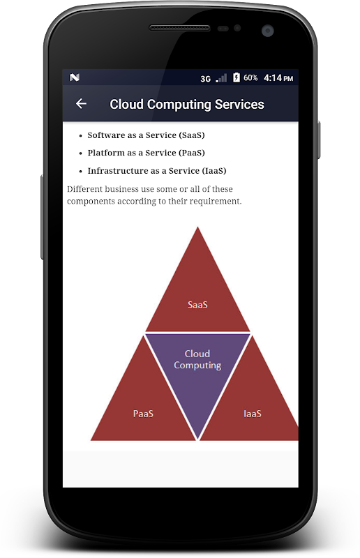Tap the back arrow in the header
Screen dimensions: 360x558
click(81, 103)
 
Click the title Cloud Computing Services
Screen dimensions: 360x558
click(187, 104)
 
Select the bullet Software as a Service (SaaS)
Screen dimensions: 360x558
click(146, 135)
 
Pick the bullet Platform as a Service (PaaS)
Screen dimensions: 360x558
click(146, 153)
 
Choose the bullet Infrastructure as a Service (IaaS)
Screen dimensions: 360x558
click(157, 171)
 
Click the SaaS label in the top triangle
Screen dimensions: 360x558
click(197, 305)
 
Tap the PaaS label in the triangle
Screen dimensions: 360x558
click(143, 414)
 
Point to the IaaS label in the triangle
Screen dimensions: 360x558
click(253, 414)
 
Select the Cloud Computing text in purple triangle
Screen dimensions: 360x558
click(197, 359)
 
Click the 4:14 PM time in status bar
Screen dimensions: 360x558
click(278, 78)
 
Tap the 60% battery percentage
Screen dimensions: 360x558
click(250, 77)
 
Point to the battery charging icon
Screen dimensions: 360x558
click(237, 77)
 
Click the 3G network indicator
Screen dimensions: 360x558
click(205, 79)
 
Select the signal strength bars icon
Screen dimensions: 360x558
click(221, 78)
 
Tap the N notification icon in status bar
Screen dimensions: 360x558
click(75, 77)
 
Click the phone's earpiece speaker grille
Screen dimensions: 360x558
click(179, 28)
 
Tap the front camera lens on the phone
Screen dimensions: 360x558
click(267, 31)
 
